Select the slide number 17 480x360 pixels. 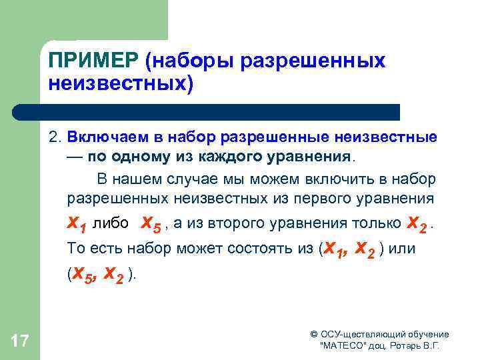pos(20,342)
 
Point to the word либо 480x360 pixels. pos(115,223)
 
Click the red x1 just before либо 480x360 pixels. pos(78,222)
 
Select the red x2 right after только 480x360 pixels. pos(416,222)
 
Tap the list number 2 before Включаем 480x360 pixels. pos(53,137)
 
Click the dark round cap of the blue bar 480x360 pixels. pos(19,112)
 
